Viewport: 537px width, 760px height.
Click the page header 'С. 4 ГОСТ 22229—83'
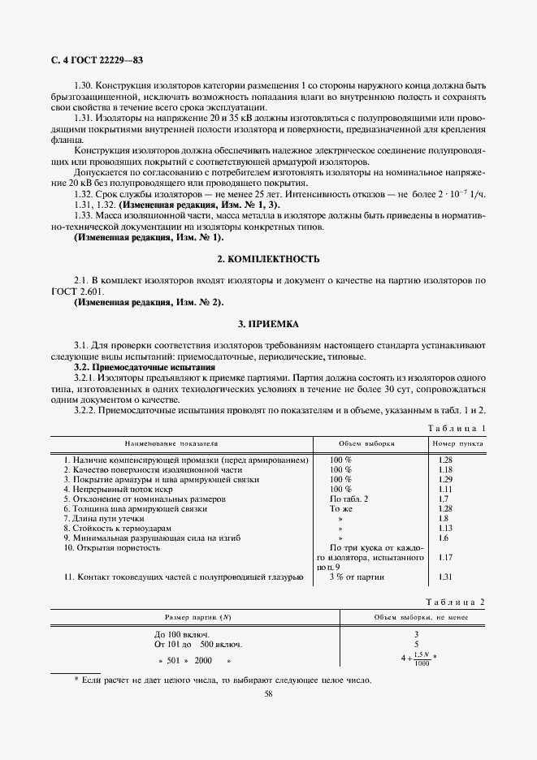click(92, 61)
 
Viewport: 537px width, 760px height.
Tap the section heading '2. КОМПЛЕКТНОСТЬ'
click(268, 259)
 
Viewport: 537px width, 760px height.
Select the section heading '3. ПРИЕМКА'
click(268, 324)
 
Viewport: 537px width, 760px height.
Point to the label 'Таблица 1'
click(457, 428)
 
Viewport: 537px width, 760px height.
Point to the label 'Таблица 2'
click(457, 601)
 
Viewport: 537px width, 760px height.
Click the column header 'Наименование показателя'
click(171, 445)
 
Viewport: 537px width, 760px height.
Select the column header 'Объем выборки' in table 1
click(366, 445)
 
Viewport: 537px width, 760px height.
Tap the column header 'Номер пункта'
click(457, 445)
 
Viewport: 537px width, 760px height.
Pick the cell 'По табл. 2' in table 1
click(349, 499)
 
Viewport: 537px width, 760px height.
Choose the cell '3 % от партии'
click(357, 577)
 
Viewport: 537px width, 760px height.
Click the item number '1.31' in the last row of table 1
click(444, 577)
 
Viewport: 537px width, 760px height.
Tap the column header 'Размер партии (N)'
click(198, 618)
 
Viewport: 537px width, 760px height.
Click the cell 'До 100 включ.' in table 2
click(182, 634)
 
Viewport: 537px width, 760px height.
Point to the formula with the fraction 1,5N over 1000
click(418, 659)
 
